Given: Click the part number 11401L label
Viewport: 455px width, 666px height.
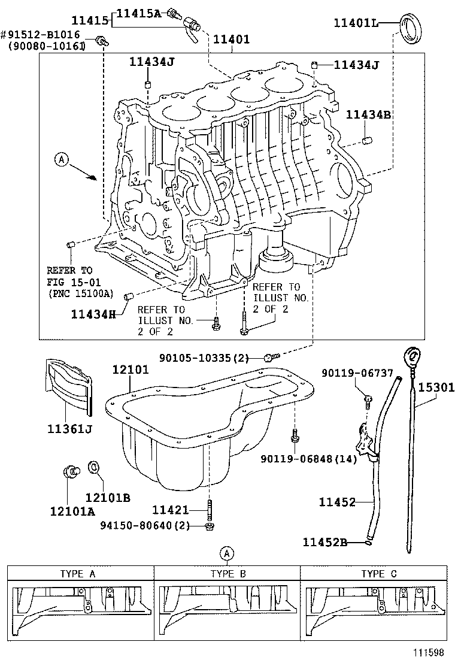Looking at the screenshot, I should point(356,23).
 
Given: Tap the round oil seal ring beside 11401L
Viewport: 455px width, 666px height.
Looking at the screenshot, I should point(411,28).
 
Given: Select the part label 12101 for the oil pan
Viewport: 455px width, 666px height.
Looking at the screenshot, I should point(131,371).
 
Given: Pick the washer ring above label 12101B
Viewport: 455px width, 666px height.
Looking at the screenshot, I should point(95,467).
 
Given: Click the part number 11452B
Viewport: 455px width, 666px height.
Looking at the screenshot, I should point(325,542).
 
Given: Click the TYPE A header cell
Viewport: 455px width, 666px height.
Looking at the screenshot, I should point(77,573).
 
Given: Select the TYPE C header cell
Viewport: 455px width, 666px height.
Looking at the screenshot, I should point(378,573).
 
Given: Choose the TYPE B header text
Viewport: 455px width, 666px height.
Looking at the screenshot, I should point(228,573).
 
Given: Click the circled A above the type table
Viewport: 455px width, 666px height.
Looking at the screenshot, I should point(227,553).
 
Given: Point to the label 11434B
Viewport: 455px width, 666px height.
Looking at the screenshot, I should point(368,114).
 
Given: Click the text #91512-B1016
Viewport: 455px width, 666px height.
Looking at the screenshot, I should point(46,35).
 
